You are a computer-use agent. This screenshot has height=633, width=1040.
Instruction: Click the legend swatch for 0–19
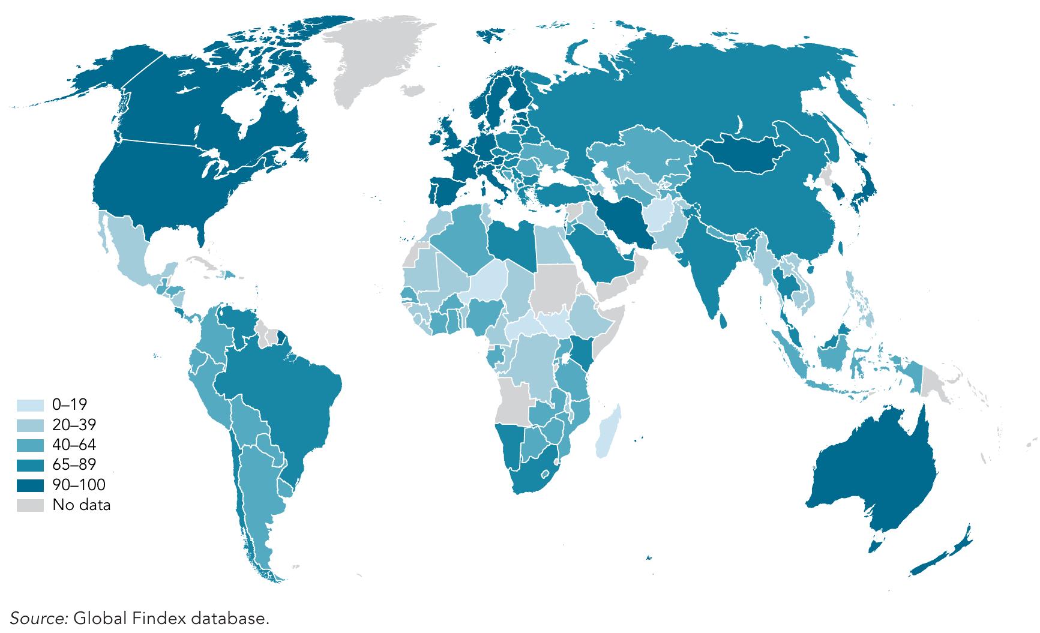pos(30,405)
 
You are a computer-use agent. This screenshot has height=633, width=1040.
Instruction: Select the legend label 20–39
pos(74,425)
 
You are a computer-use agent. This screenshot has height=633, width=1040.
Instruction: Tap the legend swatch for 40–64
pos(30,445)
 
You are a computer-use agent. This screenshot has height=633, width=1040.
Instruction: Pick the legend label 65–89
pos(74,464)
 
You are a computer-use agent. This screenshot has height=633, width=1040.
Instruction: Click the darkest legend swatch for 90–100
pos(30,485)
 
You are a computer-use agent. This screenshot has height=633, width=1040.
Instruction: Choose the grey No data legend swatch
pos(30,505)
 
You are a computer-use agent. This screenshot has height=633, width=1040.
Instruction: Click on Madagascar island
pos(608,432)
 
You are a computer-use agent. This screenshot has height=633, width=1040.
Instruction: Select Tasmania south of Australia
pos(874,545)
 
